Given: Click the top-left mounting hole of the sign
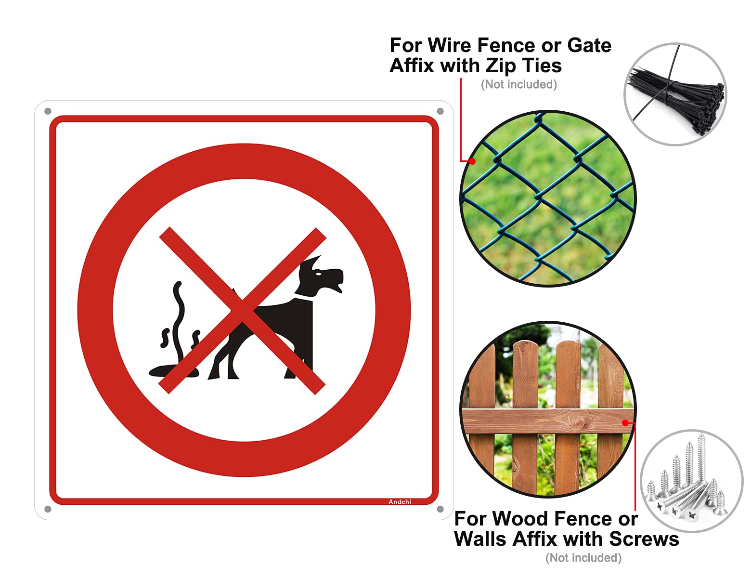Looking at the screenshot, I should [48, 111].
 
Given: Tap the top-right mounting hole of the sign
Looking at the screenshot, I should [440, 111].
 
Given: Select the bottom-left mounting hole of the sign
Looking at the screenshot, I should [48, 509].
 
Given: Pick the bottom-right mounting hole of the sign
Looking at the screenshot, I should [440, 509].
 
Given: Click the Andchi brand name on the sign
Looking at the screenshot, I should [400, 502].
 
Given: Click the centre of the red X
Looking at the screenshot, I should [242, 311].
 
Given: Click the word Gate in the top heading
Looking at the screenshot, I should [589, 45].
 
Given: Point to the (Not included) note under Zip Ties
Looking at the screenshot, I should [519, 85].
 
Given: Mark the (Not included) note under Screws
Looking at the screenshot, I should [583, 558].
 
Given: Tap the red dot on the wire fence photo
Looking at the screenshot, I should [472, 161].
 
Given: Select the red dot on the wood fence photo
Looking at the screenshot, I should [625, 423].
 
